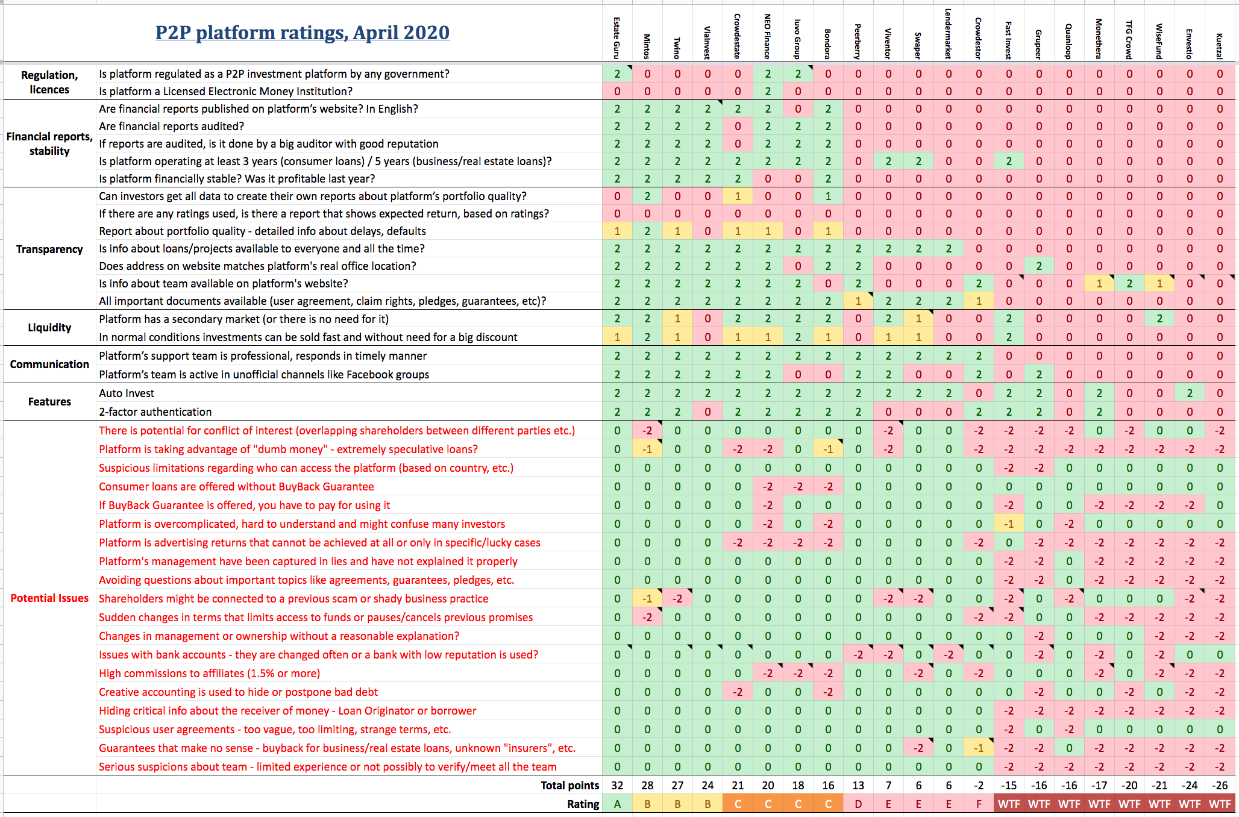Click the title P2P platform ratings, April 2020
pyautogui.click(x=303, y=33)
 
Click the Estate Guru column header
pyautogui.click(x=617, y=38)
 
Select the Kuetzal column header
pyautogui.click(x=1220, y=46)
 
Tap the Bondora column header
pyautogui.click(x=828, y=43)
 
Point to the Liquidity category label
pyautogui.click(x=49, y=328)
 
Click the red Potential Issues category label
pyautogui.click(x=49, y=598)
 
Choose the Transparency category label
pyautogui.click(x=49, y=249)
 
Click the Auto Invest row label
pyautogui.click(x=127, y=393)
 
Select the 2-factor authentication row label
pyautogui.click(x=155, y=412)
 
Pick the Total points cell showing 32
pyautogui.click(x=617, y=786)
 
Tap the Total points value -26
pyautogui.click(x=1220, y=786)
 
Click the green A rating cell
pyautogui.click(x=617, y=804)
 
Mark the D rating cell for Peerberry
pyautogui.click(x=858, y=804)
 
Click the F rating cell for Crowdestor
pyautogui.click(x=979, y=804)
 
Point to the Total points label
pyautogui.click(x=569, y=786)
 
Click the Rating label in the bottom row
pyautogui.click(x=583, y=804)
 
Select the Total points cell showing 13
pyautogui.click(x=858, y=786)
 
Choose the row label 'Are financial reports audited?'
pyautogui.click(x=172, y=127)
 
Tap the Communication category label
pyautogui.click(x=49, y=365)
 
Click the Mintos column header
pyautogui.click(x=647, y=46)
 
